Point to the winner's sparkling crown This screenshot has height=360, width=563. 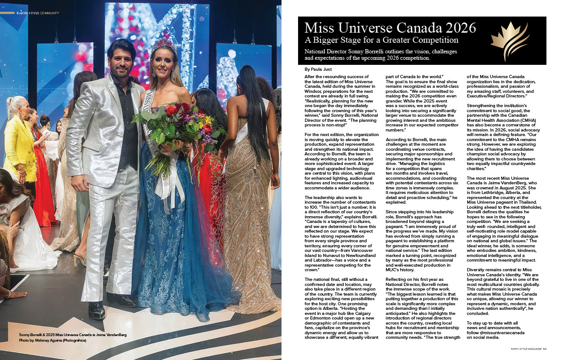point(163,46)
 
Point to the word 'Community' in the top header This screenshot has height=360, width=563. point(50,13)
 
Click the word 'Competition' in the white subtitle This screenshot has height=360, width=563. point(433,40)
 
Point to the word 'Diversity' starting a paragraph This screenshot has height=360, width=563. point(479,269)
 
